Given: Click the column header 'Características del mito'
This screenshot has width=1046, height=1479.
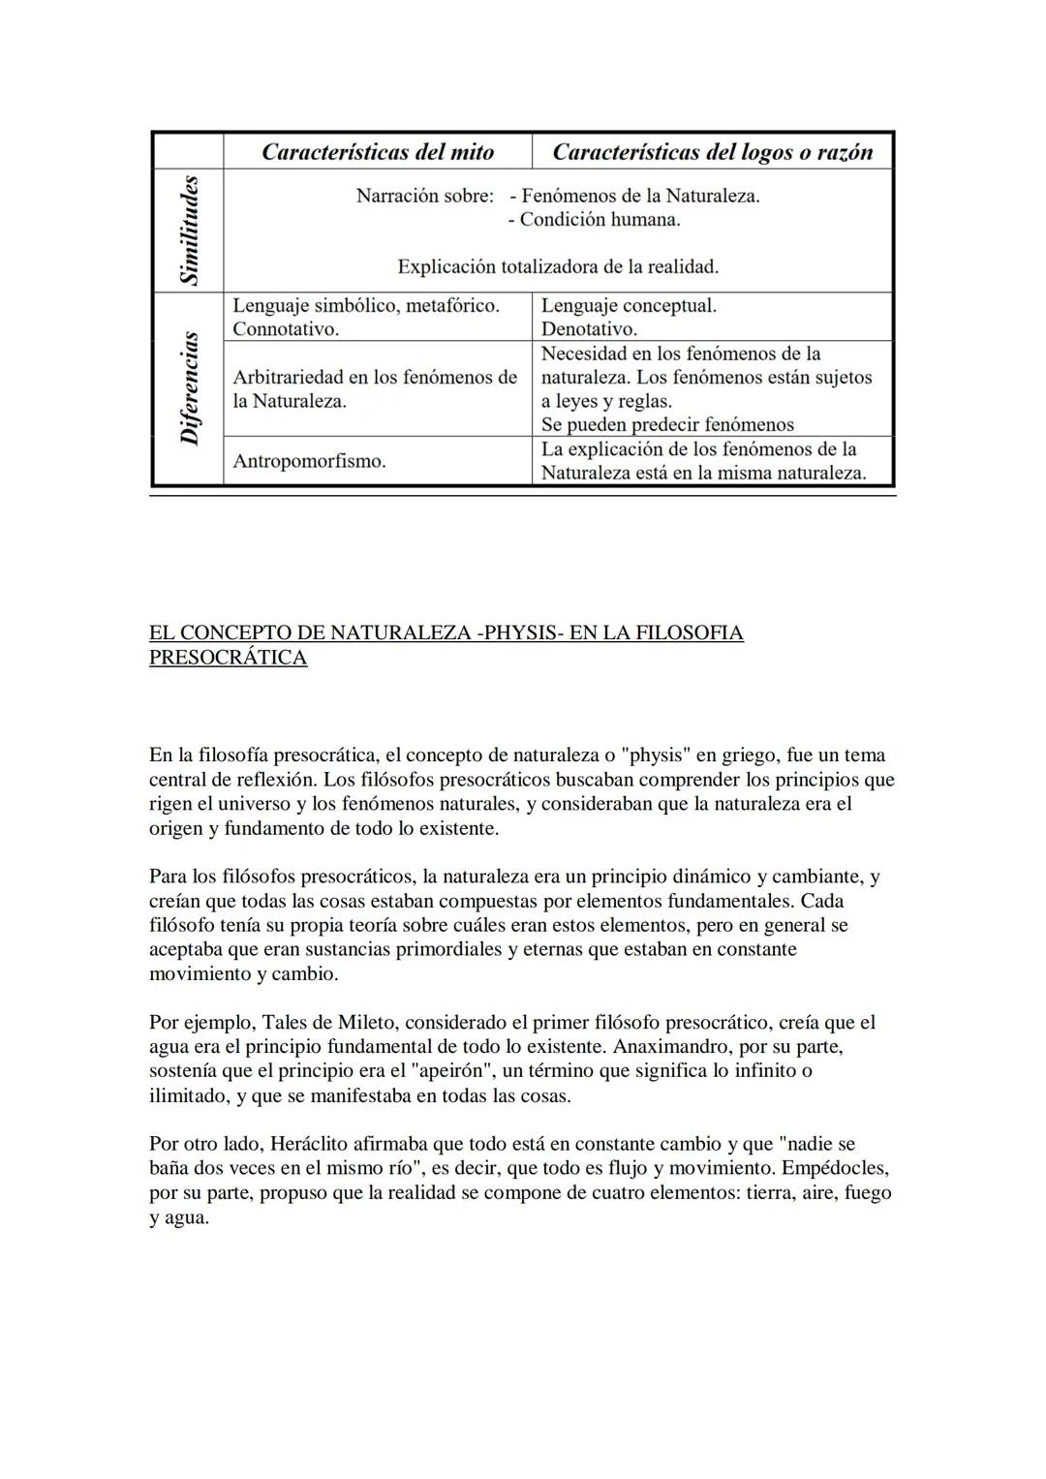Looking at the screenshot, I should click(378, 152).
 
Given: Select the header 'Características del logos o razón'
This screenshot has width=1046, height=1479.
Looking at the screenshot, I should click(712, 152).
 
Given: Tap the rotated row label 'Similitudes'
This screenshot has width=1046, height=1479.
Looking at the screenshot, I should click(189, 231).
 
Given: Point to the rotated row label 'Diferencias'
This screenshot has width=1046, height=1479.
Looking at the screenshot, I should click(189, 388).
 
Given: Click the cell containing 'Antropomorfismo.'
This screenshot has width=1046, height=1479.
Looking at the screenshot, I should click(309, 461).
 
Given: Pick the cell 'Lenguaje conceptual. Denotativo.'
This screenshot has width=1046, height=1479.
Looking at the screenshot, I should click(629, 317).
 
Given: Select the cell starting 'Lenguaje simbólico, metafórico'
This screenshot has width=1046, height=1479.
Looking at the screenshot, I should click(366, 317).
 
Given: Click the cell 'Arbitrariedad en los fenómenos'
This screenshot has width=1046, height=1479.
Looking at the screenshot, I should click(375, 388).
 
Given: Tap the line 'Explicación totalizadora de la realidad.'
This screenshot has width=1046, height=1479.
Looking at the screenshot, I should click(558, 266).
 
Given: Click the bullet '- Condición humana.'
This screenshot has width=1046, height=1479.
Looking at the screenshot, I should click(594, 220).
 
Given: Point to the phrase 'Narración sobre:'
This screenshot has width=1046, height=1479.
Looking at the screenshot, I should click(425, 196).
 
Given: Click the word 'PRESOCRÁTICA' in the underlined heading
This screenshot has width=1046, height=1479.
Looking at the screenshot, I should click(228, 658).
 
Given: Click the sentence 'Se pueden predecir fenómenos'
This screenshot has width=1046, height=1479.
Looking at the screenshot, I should click(667, 424).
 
